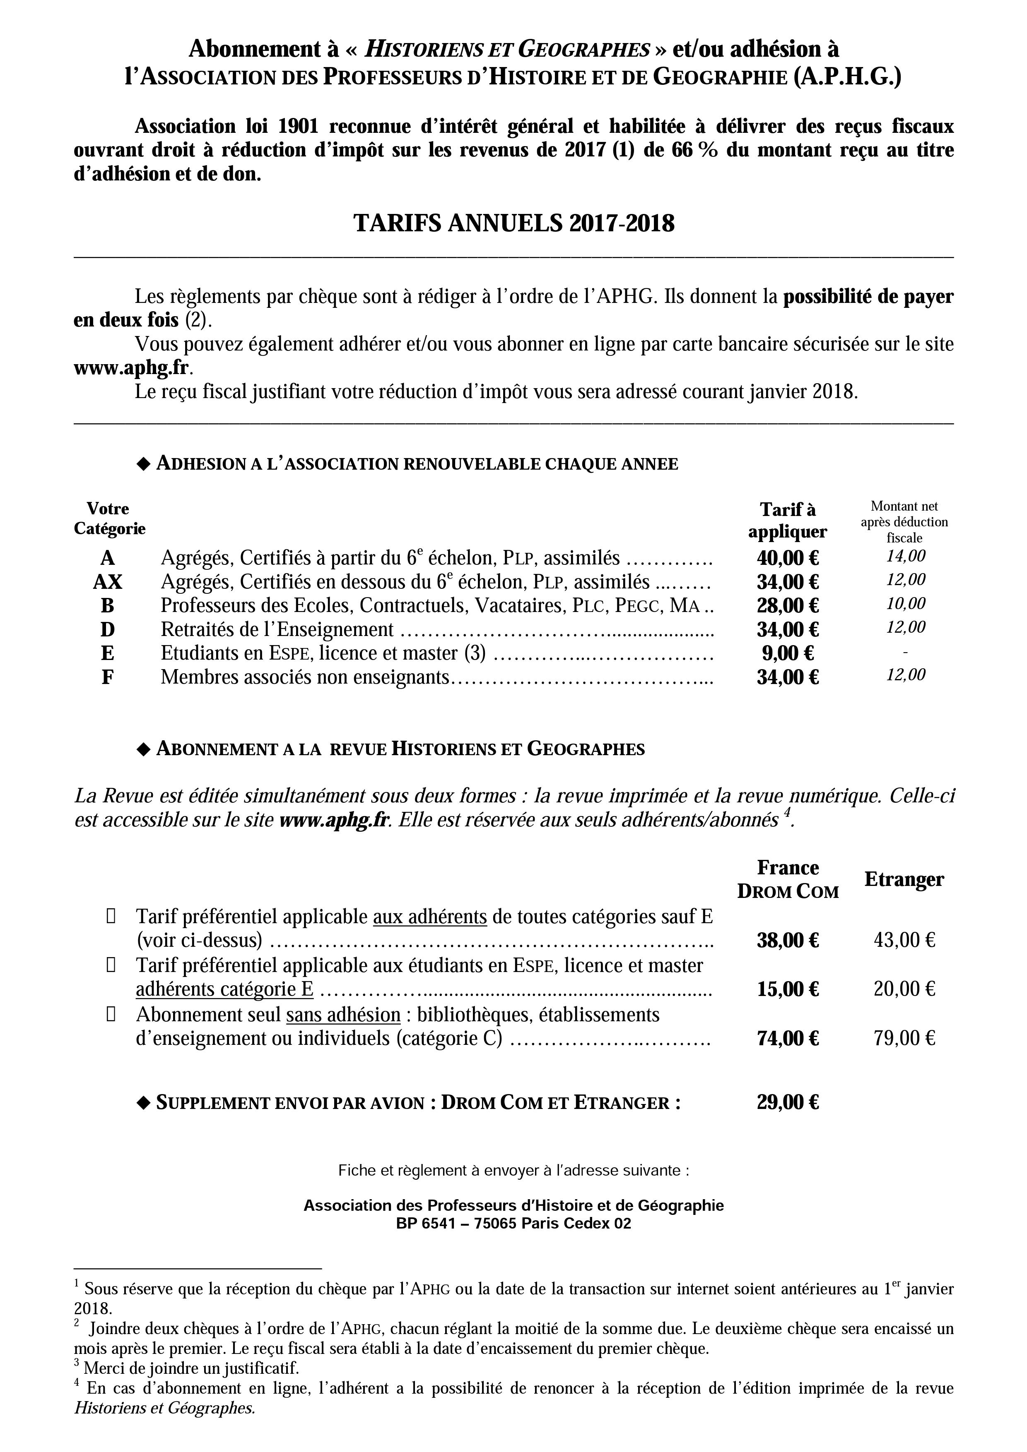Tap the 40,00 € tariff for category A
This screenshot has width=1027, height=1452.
pos(787,558)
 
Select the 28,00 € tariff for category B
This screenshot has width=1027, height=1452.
pos(787,605)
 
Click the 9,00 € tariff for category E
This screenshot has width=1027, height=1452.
pos(787,653)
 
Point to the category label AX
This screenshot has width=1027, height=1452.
pos(108,582)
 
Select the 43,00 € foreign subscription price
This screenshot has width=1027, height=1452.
pos(904,941)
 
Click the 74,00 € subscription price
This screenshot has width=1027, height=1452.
pos(787,1038)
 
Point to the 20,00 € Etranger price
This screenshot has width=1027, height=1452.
pos(904,989)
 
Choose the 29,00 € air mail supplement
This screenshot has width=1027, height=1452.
pos(787,1102)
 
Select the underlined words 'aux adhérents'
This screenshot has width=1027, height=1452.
pos(430,917)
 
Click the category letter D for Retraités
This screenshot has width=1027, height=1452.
pos(108,629)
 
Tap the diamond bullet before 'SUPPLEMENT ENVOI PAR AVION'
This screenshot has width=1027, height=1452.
pos(144,1102)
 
